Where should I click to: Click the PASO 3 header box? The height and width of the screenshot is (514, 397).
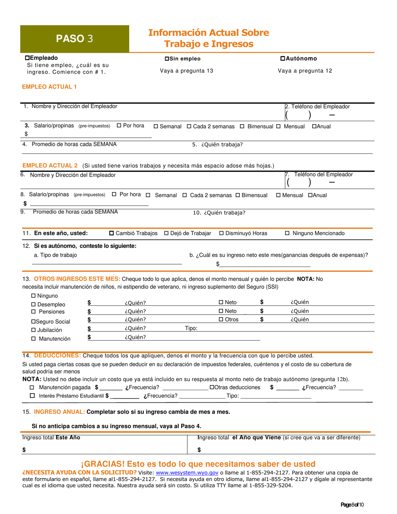75,39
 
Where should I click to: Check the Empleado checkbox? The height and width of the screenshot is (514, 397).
28,58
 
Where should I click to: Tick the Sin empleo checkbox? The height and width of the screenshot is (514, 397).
167,59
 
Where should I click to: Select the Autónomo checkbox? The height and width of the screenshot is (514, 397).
282,59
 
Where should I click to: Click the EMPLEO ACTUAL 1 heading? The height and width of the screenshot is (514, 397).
49,87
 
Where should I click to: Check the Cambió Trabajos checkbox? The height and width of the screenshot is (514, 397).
112,233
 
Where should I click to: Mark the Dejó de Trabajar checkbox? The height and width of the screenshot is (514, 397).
166,233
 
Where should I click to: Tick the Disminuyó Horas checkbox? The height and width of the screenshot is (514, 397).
221,233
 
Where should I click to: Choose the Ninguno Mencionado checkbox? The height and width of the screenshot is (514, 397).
287,233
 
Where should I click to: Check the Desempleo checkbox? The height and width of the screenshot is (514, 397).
34,305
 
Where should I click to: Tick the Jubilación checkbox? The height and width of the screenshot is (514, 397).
34,330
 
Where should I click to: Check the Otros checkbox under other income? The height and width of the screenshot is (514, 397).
221,320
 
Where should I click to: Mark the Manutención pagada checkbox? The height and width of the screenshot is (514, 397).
32,387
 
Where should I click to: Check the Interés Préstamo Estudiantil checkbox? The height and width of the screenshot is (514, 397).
32,396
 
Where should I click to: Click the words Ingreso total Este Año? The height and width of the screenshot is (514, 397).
51,438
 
